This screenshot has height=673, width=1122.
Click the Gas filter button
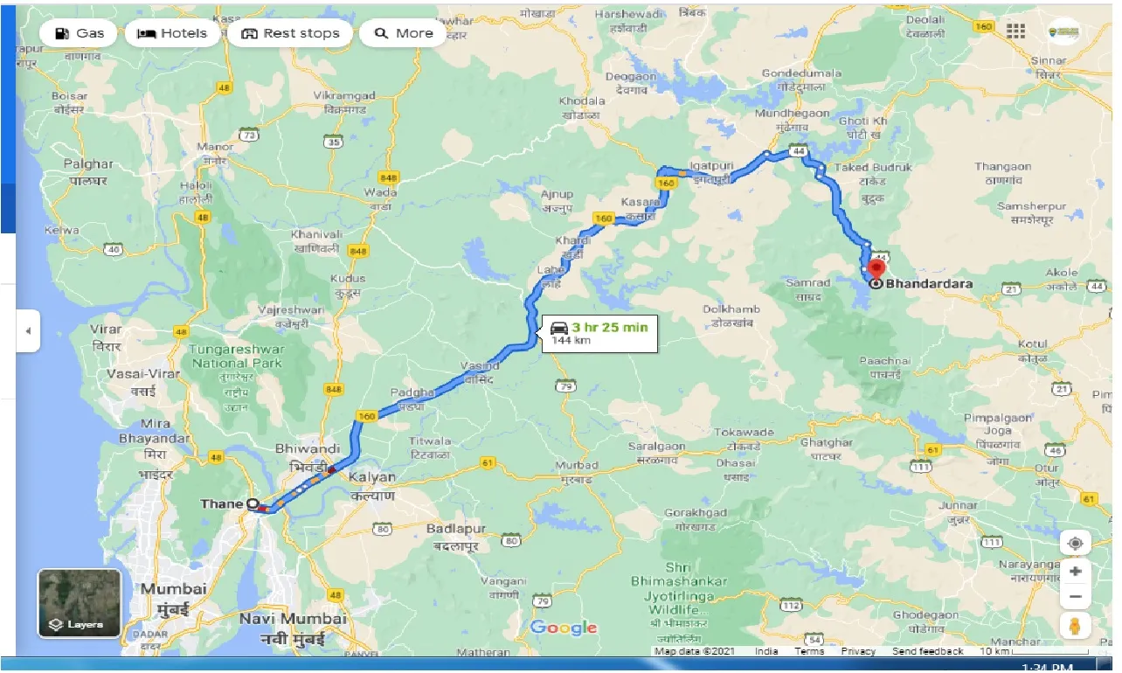pos(79,34)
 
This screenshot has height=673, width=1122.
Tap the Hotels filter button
pos(172,34)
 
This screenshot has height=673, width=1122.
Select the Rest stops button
pos(290,34)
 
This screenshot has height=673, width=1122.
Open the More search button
pos(403,34)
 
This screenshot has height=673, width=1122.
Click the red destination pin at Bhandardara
pos(876,268)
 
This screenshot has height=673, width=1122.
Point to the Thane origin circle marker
pos(253,504)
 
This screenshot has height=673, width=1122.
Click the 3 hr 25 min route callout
pos(599,332)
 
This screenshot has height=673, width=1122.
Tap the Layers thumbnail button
pos(80,603)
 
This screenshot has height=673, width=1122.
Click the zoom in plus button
pos(1075,572)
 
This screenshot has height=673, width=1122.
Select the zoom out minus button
pos(1075,597)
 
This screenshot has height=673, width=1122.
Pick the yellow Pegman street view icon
pos(1075,627)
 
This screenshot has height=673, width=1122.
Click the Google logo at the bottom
pos(564,628)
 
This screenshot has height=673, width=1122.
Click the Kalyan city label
pos(372,478)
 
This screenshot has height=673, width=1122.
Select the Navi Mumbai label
pos(293,619)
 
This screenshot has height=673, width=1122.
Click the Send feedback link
pos(929,652)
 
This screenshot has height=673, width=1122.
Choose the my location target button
pos(1075,543)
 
